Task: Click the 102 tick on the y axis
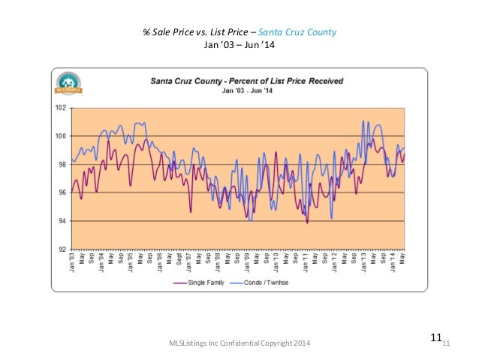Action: coord(62,107)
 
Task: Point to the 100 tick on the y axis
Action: coord(62,136)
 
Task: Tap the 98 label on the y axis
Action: coord(63,164)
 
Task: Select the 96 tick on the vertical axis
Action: coord(63,192)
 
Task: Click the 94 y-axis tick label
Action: coord(63,221)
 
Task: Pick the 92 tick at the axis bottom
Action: coord(63,249)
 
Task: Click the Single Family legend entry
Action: coord(203,283)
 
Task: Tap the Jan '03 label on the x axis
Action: coord(73,262)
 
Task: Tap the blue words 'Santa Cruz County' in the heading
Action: coord(304,32)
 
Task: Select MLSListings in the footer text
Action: coord(188,343)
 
